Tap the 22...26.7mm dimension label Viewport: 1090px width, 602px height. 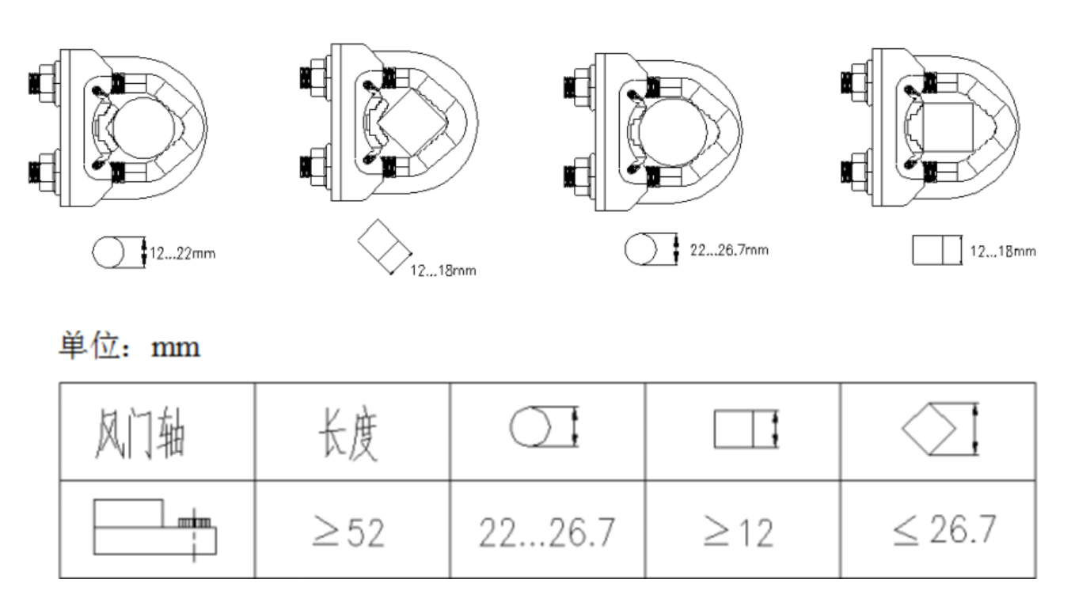pyautogui.click(x=728, y=249)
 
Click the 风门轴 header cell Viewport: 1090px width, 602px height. pyautogui.click(x=156, y=433)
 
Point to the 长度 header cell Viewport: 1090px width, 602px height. pyautogui.click(x=351, y=433)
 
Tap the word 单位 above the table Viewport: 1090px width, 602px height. pyautogui.click(x=84, y=346)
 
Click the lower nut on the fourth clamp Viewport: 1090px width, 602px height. pyautogui.click(x=856, y=166)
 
